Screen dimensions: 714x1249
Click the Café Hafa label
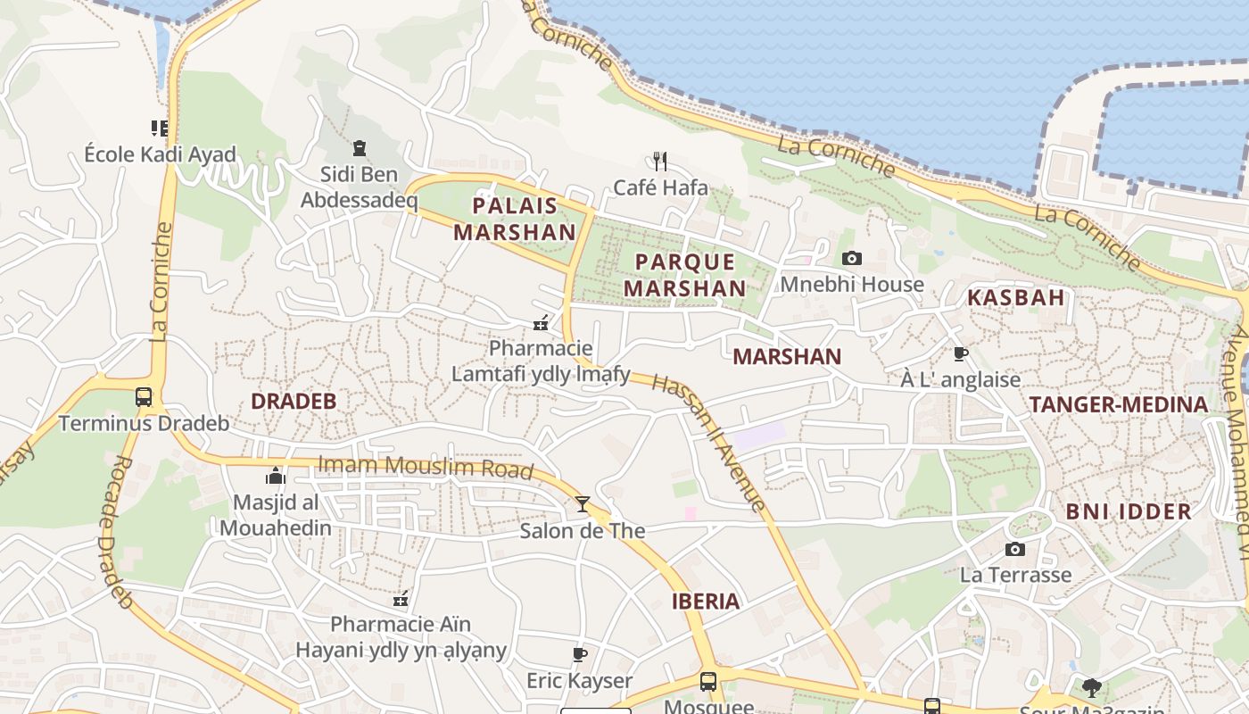pyautogui.click(x=660, y=187)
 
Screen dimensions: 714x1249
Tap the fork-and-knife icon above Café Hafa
pyautogui.click(x=660, y=162)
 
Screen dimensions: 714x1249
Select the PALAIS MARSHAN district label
pyautogui.click(x=515, y=219)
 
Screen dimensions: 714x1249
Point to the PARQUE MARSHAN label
pyautogui.click(x=684, y=275)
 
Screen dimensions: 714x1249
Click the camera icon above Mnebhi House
pyautogui.click(x=852, y=259)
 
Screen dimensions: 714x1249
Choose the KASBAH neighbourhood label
pyautogui.click(x=1016, y=298)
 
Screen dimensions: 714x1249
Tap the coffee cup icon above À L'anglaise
pyautogui.click(x=961, y=354)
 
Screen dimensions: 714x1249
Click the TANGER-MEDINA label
pyautogui.click(x=1119, y=404)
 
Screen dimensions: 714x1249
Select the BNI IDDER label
pyautogui.click(x=1129, y=512)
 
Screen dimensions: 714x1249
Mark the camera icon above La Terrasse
pyautogui.click(x=1015, y=550)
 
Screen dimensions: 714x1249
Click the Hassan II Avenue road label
pyautogui.click(x=708, y=442)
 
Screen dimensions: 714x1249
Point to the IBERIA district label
pyautogui.click(x=706, y=602)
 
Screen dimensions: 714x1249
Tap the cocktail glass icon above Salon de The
pyautogui.click(x=583, y=504)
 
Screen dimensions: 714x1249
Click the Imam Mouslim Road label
pyautogui.click(x=426, y=467)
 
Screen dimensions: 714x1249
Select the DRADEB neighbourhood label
pyautogui.click(x=294, y=402)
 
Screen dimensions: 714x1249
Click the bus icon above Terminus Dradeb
pyautogui.click(x=144, y=397)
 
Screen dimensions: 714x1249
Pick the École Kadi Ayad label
pyautogui.click(x=161, y=154)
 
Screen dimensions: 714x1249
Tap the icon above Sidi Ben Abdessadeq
pyautogui.click(x=360, y=148)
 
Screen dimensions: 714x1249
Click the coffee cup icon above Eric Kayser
pyautogui.click(x=580, y=655)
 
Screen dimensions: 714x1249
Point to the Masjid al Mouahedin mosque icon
pyautogui.click(x=276, y=476)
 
